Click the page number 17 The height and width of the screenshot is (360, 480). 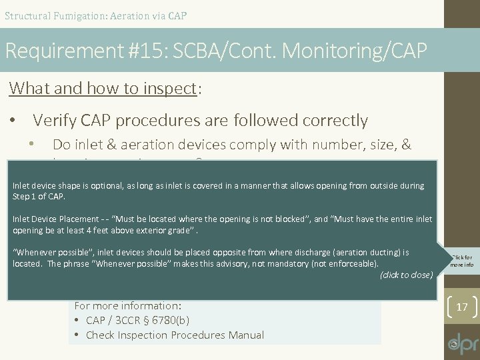coord(461,308)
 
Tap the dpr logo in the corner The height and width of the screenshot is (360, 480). coord(463,341)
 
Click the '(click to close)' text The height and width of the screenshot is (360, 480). coord(406,275)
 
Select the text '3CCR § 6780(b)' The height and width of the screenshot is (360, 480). coord(143,320)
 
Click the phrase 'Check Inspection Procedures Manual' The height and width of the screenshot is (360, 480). coord(175,335)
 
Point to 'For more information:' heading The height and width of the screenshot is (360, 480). coord(127,306)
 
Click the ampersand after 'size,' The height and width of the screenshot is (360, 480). coord(405,145)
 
